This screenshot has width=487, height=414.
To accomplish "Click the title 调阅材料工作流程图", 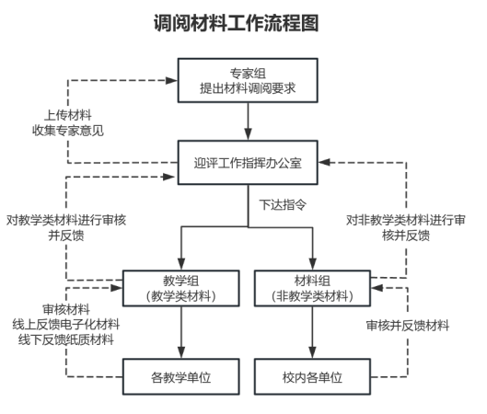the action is tap(236, 23).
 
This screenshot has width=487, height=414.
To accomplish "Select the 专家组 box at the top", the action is tap(248, 80).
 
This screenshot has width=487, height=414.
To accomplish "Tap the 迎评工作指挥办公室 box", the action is tap(248, 163).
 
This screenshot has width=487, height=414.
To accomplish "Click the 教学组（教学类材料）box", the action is tap(181, 288).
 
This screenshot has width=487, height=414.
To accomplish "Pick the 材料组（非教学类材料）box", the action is tap(312, 288).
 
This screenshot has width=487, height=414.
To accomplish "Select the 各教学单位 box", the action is tap(181, 377).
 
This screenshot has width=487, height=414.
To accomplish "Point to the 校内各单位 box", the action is tap(312, 377).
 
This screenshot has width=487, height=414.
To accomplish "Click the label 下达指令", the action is tap(283, 205).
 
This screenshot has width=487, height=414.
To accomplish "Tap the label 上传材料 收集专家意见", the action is tap(68, 122).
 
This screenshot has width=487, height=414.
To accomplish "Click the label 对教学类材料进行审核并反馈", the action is tap(66, 228).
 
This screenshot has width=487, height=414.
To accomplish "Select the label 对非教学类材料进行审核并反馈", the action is tap(406, 228).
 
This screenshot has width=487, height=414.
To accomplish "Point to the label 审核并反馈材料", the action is tap(408, 326).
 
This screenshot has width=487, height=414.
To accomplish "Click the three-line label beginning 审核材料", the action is tap(66, 325).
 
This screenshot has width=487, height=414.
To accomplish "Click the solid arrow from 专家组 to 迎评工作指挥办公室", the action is tap(248, 121).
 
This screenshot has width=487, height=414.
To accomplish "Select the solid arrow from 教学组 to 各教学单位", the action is tap(181, 333).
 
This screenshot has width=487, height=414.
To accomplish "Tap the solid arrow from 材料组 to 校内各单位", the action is tap(312, 333).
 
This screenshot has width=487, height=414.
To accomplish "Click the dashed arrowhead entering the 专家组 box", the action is tap(171, 80).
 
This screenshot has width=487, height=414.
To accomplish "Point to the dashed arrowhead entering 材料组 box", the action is tap(377, 288).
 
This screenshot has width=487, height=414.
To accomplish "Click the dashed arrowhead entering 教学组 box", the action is tap(117, 288).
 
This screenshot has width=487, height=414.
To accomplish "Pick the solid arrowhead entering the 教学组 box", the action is tap(181, 264).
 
